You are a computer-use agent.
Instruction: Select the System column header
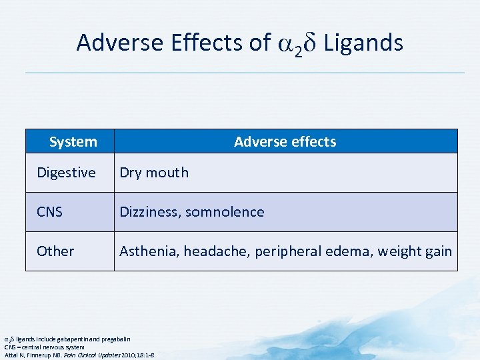pos(73,141)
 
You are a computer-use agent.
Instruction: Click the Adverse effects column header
pos(285,141)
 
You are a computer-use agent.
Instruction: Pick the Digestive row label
pos(66,173)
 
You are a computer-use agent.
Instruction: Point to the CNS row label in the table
pos(49,212)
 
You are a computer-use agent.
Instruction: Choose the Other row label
pos(55,251)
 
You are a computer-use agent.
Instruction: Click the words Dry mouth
pos(153,173)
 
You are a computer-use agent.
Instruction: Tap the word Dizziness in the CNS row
pos(149,212)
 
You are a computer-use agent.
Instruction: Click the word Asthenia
pos(148,251)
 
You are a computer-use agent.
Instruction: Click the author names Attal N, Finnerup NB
pos(37,355)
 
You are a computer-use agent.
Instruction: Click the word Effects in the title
pos(204,43)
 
